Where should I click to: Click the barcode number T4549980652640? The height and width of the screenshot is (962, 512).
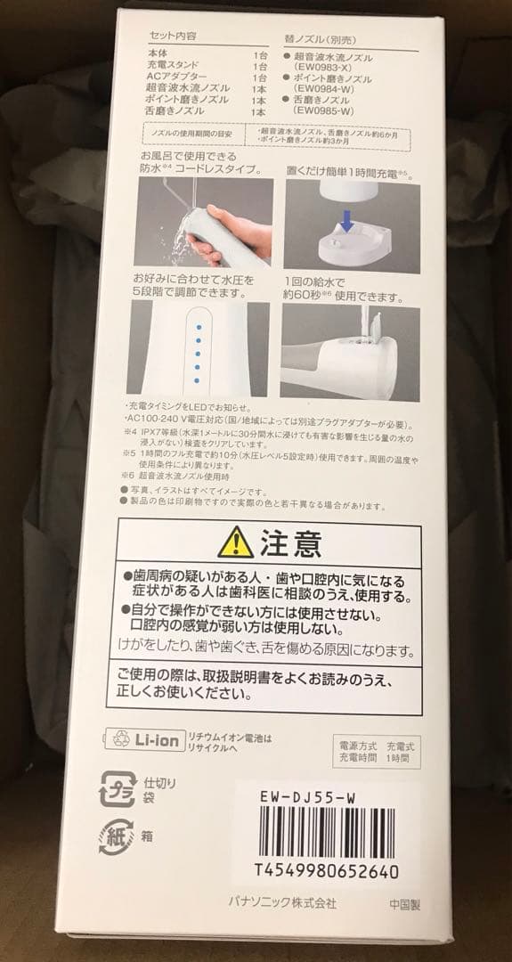pyautogui.click(x=325, y=869)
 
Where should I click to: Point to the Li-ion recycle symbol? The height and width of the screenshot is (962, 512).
pyautogui.click(x=118, y=738)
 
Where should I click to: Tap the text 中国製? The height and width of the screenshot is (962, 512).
pyautogui.click(x=403, y=901)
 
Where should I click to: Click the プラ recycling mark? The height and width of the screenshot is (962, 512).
pyautogui.click(x=118, y=787)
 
